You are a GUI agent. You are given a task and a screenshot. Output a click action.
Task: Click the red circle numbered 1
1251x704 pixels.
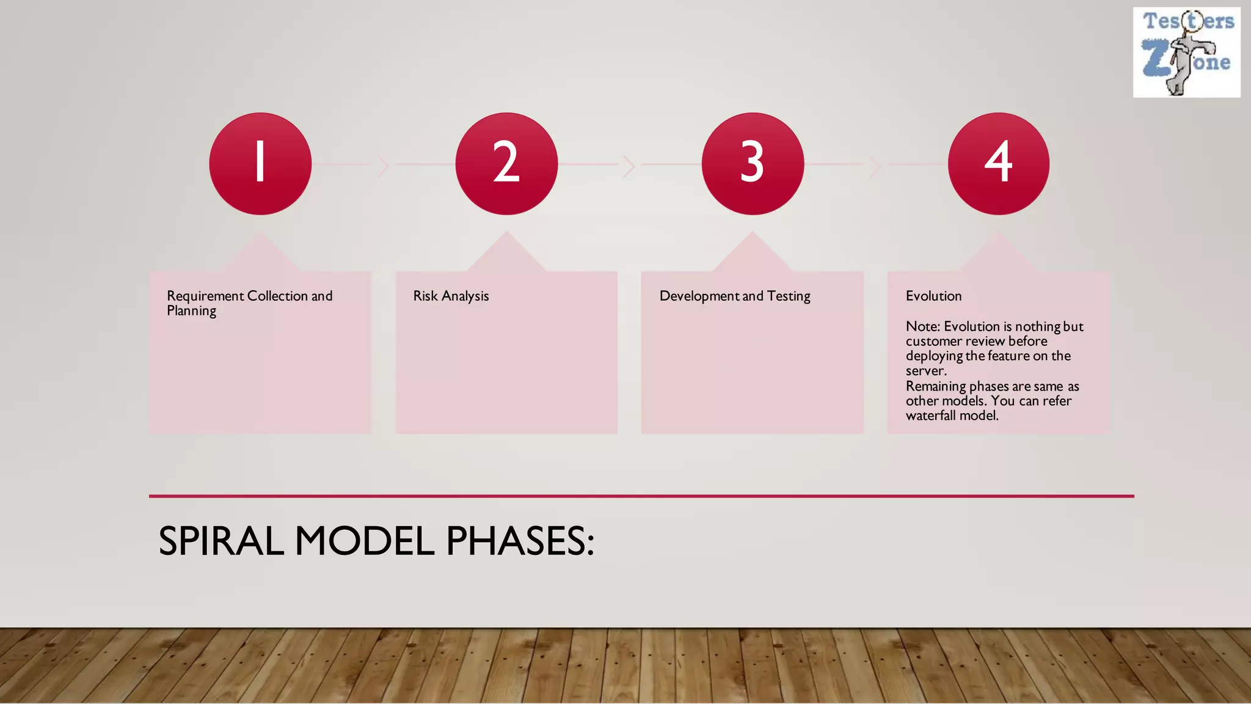[260, 163]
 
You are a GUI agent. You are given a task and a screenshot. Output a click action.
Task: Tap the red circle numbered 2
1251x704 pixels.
[506, 163]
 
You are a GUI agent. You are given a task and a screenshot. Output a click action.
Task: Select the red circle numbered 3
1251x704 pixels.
[753, 163]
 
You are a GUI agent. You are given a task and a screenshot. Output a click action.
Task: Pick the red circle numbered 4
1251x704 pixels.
[999, 163]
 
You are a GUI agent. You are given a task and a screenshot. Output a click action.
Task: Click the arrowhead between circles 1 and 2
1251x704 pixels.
[384, 166]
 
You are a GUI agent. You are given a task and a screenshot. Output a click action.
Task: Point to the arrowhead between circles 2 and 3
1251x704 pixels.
[629, 166]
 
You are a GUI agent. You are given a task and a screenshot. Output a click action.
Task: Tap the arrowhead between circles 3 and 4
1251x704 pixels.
[875, 166]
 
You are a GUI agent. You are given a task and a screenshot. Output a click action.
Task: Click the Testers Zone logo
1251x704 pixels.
[1186, 53]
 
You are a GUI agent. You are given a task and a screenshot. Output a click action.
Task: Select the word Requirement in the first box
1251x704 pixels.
[205, 296]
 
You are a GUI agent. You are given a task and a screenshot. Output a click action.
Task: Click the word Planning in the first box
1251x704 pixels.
[191, 311]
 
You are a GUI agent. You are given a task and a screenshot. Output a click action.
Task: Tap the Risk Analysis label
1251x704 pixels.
[451, 296]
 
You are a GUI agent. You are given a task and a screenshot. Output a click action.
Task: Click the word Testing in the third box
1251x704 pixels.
[789, 296]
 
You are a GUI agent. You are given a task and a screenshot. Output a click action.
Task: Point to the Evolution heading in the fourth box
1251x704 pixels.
[933, 296]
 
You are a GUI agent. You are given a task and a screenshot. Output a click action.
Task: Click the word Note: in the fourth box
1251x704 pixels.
[922, 326]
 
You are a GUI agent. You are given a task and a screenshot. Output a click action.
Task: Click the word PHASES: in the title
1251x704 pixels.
[520, 541]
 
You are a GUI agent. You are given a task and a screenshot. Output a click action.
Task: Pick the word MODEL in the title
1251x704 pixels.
[364, 541]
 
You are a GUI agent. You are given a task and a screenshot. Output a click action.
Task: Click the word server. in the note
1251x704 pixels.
[925, 371]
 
